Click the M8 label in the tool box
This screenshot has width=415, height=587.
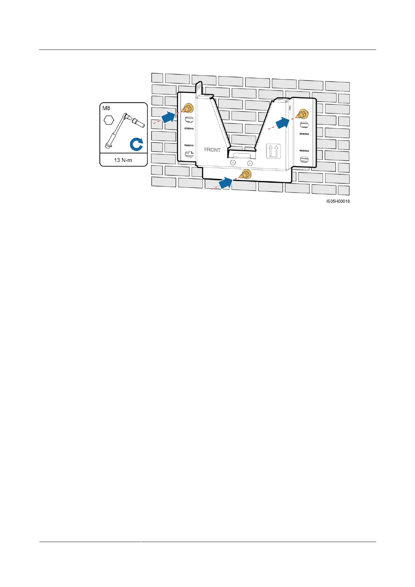(106, 108)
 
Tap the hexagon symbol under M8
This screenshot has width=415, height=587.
(109, 121)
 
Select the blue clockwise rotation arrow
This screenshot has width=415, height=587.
(136, 144)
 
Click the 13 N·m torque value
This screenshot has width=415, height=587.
(123, 160)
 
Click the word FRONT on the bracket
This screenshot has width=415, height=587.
(212, 150)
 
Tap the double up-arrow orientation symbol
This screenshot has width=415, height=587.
(274, 151)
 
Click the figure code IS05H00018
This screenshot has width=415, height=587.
(338, 201)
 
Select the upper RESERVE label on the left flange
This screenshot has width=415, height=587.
(189, 129)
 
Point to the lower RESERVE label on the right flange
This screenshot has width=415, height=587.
(304, 151)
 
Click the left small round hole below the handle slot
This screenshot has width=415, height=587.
(233, 163)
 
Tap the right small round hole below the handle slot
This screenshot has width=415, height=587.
(249, 163)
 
